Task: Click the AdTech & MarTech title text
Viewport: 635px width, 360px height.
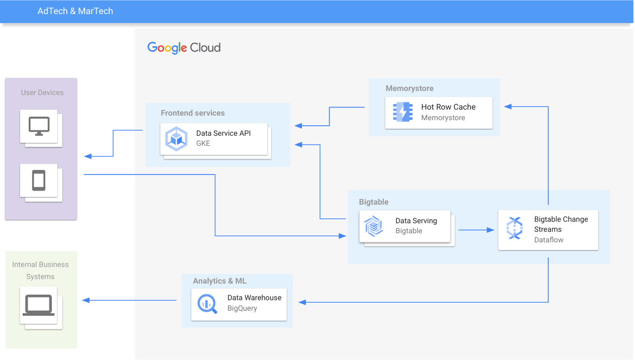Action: [x=75, y=11]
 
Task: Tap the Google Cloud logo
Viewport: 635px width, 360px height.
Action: [x=184, y=48]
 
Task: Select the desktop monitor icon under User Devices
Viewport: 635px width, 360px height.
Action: [x=39, y=126]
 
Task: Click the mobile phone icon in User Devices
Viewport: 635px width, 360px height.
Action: [x=39, y=180]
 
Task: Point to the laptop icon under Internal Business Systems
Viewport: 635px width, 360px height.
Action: [x=38, y=305]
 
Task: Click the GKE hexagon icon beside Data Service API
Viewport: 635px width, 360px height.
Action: [x=177, y=139]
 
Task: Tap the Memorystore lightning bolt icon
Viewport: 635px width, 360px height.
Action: [x=403, y=112]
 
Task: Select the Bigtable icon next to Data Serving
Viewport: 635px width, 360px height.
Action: [x=374, y=226]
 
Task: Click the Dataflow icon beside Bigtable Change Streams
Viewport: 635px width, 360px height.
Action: [x=515, y=228]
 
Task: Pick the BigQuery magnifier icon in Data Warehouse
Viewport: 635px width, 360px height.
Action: [x=207, y=303]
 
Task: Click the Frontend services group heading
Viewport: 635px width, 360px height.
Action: [x=193, y=113]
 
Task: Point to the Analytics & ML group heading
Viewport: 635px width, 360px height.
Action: [x=220, y=281]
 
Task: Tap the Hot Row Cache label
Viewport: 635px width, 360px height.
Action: [x=448, y=107]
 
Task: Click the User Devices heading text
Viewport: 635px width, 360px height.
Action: [x=42, y=93]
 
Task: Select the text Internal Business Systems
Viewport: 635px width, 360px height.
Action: [x=40, y=271]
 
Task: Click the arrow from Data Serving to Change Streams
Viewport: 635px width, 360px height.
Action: [x=475, y=230]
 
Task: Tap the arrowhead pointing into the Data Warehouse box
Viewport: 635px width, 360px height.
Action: [x=302, y=302]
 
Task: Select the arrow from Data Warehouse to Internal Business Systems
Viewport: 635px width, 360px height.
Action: [x=129, y=300]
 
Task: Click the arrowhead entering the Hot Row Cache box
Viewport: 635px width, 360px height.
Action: [x=508, y=107]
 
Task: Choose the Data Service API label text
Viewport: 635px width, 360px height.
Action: [x=223, y=133]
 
